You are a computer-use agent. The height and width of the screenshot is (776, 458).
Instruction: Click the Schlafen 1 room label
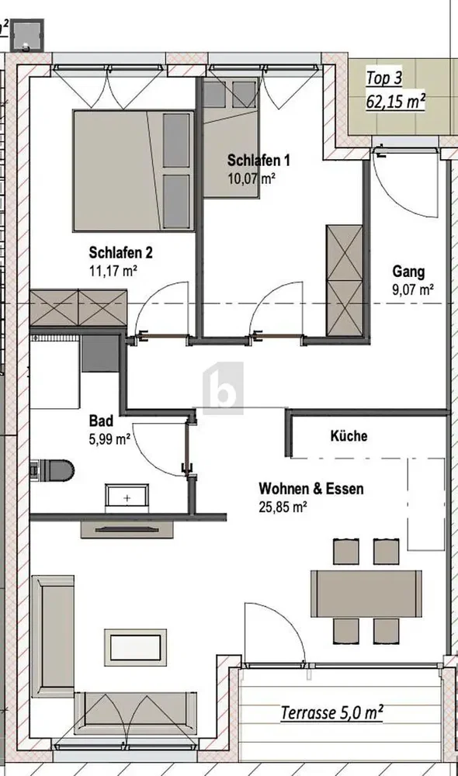(258, 161)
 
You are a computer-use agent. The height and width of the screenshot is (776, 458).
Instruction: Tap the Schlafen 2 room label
(120, 252)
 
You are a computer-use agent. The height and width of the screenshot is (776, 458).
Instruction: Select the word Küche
(349, 436)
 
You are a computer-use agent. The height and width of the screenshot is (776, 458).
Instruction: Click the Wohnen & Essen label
(311, 489)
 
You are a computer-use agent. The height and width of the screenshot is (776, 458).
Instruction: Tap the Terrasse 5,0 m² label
(331, 712)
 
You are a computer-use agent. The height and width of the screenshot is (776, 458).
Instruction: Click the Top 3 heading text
(383, 78)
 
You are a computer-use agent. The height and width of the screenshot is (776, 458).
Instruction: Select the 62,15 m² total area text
(395, 102)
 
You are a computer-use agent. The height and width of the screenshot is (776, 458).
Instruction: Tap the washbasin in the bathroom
(127, 498)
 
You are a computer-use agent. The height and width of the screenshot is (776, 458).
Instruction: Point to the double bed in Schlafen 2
(134, 171)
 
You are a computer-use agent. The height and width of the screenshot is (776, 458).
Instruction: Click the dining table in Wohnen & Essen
(366, 594)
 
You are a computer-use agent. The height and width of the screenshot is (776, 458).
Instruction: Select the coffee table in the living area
(135, 648)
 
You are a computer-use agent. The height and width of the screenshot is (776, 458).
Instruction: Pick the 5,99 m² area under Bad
(109, 439)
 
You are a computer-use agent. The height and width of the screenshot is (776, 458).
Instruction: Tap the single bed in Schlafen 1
(231, 139)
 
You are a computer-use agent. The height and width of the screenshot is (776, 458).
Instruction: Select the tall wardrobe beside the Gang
(345, 281)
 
